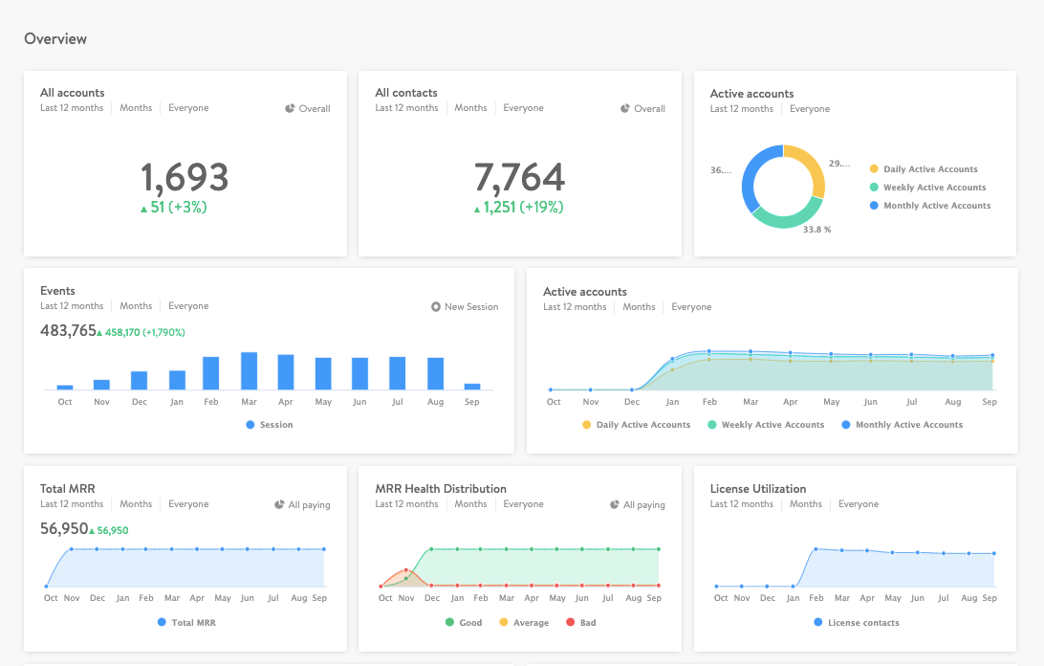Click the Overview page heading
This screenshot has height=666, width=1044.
click(x=55, y=39)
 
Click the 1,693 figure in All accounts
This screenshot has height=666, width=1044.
click(x=185, y=178)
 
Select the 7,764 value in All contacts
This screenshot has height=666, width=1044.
click(x=519, y=178)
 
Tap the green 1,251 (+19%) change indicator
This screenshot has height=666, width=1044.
click(x=522, y=208)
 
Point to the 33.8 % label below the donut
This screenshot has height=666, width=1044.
click(x=816, y=230)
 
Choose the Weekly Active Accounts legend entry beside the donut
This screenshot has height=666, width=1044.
click(x=934, y=188)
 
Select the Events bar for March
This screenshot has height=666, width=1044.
click(x=249, y=371)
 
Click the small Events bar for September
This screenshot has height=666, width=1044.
click(x=472, y=387)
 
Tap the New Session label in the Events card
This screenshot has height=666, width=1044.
click(x=470, y=307)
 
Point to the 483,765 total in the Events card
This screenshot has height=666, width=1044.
click(x=68, y=331)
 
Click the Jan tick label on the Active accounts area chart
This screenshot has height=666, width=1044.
click(x=672, y=402)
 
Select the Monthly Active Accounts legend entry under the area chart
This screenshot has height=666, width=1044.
click(x=908, y=425)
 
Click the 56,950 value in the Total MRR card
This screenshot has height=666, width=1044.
click(x=64, y=529)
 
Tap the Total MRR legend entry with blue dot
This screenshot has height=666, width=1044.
click(x=192, y=623)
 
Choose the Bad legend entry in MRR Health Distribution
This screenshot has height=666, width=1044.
click(x=587, y=623)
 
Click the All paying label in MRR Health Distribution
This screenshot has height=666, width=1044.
click(x=643, y=505)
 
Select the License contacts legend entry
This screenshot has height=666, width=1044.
click(x=862, y=623)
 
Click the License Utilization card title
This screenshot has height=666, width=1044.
click(x=758, y=489)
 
